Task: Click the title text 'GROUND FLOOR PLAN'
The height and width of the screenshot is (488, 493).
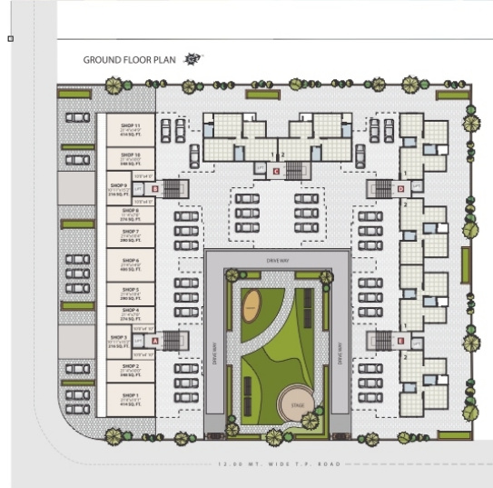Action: (x=128, y=60)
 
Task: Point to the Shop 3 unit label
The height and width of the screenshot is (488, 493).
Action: (x=131, y=340)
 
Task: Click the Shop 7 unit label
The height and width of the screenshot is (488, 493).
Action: (x=131, y=235)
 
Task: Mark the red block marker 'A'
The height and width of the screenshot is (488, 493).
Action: (x=156, y=340)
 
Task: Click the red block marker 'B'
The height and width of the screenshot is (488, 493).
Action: (x=156, y=189)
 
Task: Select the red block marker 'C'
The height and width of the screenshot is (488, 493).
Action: (x=276, y=170)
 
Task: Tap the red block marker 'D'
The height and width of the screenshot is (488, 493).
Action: (x=400, y=189)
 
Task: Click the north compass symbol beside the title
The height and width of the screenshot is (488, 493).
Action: (x=192, y=59)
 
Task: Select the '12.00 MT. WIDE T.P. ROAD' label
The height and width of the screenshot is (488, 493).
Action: (x=278, y=464)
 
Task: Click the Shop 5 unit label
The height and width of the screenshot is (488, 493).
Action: (x=131, y=294)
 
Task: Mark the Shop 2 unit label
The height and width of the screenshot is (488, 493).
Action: (x=131, y=370)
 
